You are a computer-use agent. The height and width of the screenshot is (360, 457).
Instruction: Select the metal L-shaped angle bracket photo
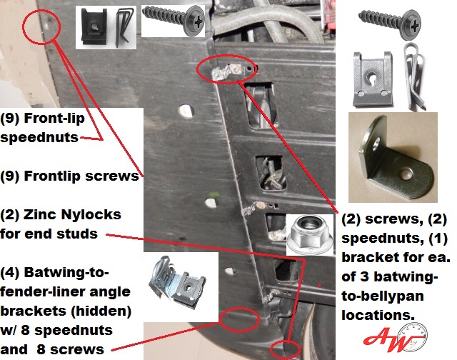tap(393, 157)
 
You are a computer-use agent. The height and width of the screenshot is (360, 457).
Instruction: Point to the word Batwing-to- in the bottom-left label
tap(66, 273)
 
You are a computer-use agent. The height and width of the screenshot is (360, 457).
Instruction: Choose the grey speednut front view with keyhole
tap(373, 79)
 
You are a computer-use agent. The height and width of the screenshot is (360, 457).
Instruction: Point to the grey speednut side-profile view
tap(413, 76)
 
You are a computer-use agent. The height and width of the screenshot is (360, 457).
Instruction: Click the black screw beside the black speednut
tap(174, 20)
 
